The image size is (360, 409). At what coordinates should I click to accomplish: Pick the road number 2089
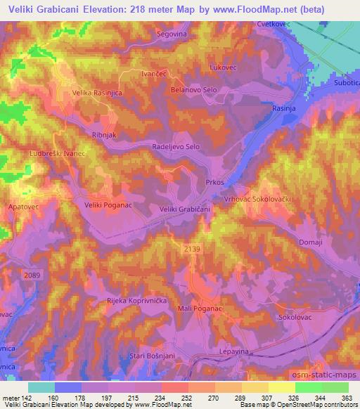pos(32,274)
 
